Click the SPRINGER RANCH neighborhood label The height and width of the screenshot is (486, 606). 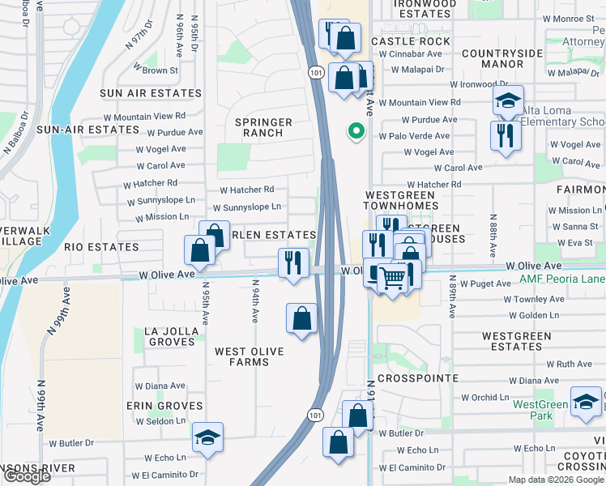(x=263, y=127)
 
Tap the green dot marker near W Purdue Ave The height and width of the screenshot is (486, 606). (x=354, y=130)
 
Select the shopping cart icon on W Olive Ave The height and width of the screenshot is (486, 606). (x=393, y=279)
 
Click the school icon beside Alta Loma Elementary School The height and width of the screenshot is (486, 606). (x=507, y=101)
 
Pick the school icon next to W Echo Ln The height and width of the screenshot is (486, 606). (x=208, y=437)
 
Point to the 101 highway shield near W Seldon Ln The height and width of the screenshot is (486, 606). (x=314, y=415)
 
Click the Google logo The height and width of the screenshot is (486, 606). (x=26, y=476)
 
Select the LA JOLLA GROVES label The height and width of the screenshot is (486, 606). (x=169, y=336)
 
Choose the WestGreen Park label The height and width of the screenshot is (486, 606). (x=540, y=410)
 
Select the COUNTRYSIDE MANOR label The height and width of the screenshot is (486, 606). (x=501, y=58)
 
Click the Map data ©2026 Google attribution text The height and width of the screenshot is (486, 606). (x=555, y=479)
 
